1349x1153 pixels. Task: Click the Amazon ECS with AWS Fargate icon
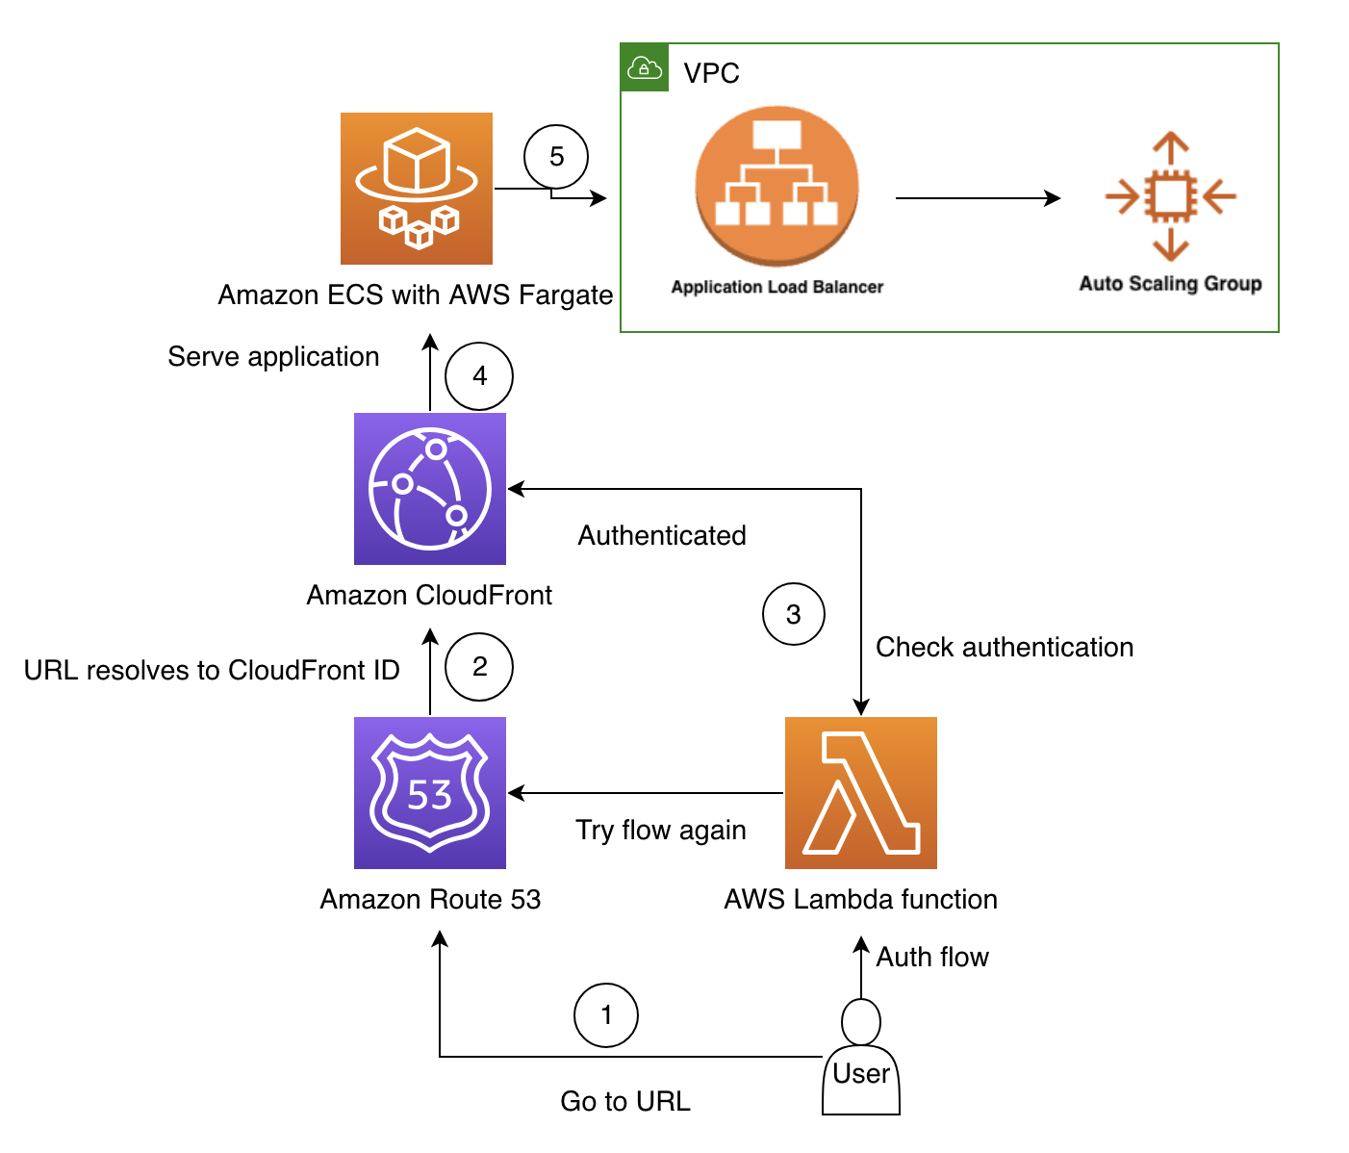417,189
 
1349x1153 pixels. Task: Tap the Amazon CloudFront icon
430,489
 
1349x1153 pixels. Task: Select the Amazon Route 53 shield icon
430,793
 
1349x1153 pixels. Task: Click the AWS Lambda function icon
861,793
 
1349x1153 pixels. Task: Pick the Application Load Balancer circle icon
776,187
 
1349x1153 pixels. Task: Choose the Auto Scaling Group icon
1170,196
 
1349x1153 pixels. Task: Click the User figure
861,1059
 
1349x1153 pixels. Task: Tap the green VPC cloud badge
645,68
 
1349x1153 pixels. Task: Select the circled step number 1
606,1014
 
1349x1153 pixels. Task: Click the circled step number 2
479,666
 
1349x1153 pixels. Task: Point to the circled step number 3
794,614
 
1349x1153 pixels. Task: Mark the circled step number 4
479,375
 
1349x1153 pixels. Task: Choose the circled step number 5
556,157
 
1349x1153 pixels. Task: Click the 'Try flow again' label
661,830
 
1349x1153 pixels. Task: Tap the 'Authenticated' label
662,535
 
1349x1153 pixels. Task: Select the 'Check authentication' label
1005,647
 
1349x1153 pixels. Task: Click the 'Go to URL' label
625,1101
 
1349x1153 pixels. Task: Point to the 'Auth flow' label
932,957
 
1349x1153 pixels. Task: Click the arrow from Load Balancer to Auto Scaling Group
977,198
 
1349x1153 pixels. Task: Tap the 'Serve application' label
273,356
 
